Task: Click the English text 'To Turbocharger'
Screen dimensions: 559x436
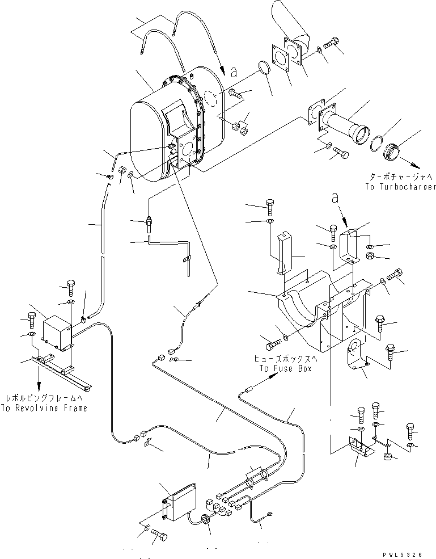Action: click(393, 187)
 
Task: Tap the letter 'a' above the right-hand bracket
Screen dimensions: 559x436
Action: click(335, 200)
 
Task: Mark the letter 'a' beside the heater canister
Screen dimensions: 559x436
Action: click(232, 72)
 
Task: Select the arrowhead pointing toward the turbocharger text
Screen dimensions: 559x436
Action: click(417, 165)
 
